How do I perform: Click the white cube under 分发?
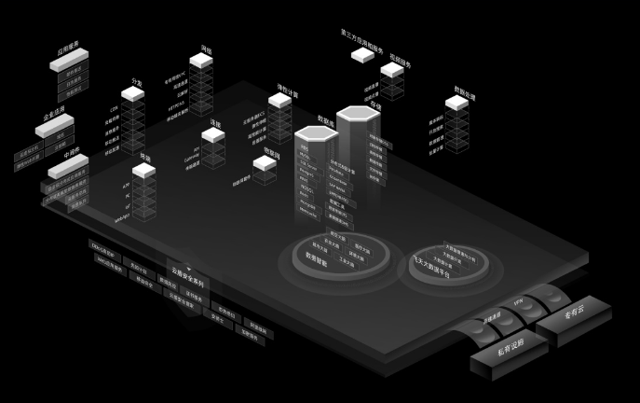tap(132, 93)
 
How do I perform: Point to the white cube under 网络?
tap(201, 61)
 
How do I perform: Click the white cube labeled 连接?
tap(213, 135)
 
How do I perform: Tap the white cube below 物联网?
tap(266, 163)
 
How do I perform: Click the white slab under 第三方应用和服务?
tap(362, 55)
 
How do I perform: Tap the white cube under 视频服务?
tap(392, 69)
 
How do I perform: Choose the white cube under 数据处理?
tap(456, 103)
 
